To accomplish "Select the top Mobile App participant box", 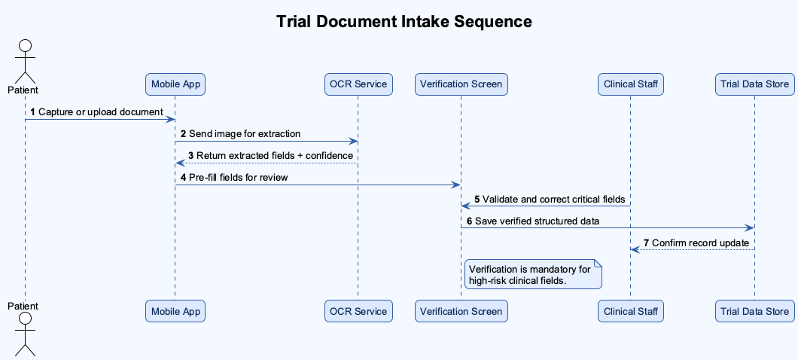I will coord(175,84).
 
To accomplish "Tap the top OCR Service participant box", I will coord(358,84).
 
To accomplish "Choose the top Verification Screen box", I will coord(461,84).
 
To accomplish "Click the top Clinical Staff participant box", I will coord(631,84).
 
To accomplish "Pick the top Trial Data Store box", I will coord(754,84).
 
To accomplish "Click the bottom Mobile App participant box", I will coord(175,311).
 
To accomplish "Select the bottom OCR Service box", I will coord(358,311).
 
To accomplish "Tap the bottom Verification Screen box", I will coord(461,311).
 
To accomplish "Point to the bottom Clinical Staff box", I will coord(631,311).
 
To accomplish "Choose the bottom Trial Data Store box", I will coord(754,311).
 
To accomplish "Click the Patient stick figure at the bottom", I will coord(25,335).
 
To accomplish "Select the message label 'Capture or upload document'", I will coord(100,112).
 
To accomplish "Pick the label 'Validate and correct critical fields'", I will coord(553,200).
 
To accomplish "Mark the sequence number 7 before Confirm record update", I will coord(646,243).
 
